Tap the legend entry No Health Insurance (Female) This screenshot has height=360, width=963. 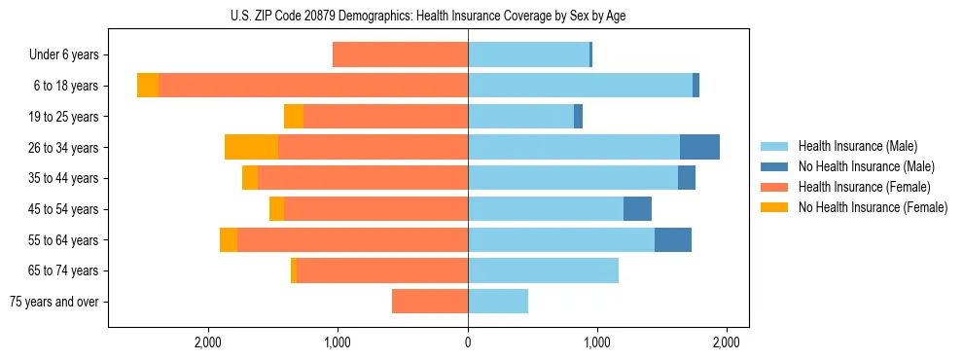tap(873, 207)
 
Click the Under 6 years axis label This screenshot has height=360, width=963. tap(64, 54)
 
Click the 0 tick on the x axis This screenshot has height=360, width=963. tap(468, 342)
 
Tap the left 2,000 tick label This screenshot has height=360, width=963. tap(208, 342)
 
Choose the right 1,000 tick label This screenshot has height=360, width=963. tap(597, 342)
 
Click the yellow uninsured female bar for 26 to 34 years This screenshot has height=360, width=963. tap(251, 147)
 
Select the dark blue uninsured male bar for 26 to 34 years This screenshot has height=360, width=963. tap(699, 147)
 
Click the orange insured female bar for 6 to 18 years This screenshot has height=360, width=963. tap(313, 86)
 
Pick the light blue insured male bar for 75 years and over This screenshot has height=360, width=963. tap(498, 302)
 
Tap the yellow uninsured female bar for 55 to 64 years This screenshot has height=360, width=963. tap(229, 239)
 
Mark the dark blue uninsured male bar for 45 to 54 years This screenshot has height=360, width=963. tap(637, 208)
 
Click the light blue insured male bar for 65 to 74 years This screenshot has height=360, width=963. tap(543, 270)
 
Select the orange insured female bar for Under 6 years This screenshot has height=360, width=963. tap(400, 54)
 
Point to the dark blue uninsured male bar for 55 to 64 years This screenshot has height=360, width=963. tap(673, 239)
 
